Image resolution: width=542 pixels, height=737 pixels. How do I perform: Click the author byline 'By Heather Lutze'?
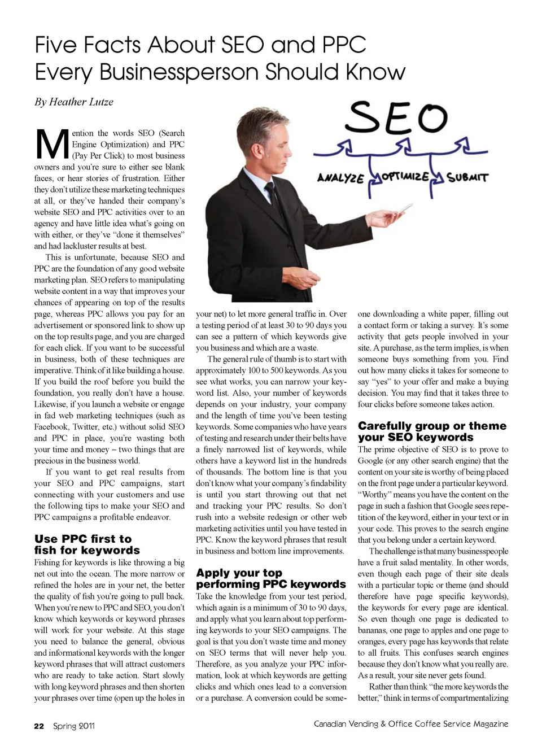pos(74,102)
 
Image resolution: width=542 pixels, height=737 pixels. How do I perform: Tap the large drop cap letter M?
pos(52,145)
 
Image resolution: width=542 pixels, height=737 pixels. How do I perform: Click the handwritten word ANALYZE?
pos(340,178)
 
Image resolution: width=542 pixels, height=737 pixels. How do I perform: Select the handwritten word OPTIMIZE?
pos(405,176)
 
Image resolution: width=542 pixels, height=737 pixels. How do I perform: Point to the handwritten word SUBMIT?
pos(467,178)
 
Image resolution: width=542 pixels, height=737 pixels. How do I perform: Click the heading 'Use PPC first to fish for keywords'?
pos(87,544)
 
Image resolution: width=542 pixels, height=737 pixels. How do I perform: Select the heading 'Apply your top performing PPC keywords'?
pos(270,578)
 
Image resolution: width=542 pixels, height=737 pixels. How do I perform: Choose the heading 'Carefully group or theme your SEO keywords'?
pos(432,431)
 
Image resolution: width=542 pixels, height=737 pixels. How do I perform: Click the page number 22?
pos(39,726)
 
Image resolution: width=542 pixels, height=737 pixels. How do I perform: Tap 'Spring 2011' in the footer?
pos(74,726)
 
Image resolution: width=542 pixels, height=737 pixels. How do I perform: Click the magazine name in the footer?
pos(410,724)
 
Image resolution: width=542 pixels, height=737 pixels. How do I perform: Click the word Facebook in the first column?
pos(51,427)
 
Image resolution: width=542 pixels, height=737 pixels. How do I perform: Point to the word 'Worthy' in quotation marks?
pos(375,495)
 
